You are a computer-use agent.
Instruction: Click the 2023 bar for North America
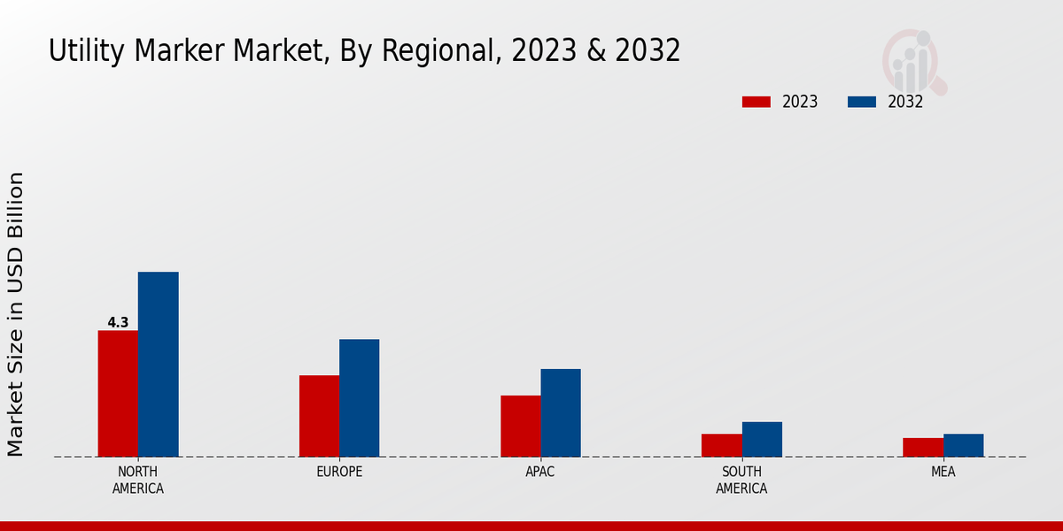click(x=118, y=394)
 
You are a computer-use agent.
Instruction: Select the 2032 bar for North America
click(x=158, y=365)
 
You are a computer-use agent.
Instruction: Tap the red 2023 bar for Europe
click(x=319, y=416)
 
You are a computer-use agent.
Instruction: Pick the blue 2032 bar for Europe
click(x=359, y=398)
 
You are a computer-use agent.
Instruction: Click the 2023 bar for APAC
click(x=520, y=426)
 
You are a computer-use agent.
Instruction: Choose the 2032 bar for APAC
click(x=561, y=412)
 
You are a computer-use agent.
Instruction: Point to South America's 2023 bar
click(x=721, y=445)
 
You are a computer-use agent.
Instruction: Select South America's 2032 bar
click(x=762, y=439)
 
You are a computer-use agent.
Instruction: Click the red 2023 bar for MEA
click(x=922, y=447)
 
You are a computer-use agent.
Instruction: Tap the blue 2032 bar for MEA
click(x=963, y=445)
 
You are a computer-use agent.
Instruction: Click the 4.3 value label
click(x=118, y=323)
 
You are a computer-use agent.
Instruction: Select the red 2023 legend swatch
click(x=756, y=102)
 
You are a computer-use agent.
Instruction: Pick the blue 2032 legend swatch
click(x=861, y=102)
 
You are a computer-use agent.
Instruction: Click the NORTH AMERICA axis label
click(x=137, y=480)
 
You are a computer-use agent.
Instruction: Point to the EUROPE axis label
click(x=339, y=472)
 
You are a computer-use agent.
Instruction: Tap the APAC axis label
click(x=540, y=472)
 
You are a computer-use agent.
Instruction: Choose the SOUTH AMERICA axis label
click(x=741, y=480)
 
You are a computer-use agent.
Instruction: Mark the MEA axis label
click(x=943, y=472)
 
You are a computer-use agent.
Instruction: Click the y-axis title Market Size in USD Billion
click(x=16, y=314)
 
